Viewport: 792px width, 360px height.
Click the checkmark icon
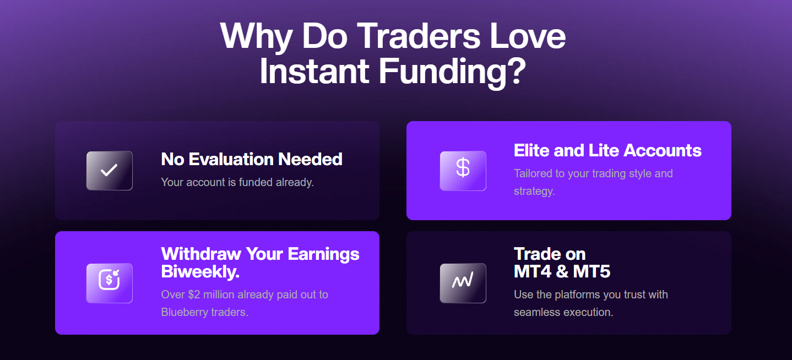click(x=109, y=171)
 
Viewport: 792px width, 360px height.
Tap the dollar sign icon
click(x=463, y=171)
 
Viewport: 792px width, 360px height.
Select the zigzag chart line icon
click(x=463, y=283)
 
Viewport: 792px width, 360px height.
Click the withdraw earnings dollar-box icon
click(x=109, y=283)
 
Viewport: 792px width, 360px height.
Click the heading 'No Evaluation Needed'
click(x=252, y=159)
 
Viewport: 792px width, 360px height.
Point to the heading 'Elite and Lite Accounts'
click(x=607, y=150)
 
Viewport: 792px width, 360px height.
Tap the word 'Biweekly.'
click(x=200, y=271)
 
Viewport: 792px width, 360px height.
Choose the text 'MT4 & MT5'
click(x=562, y=271)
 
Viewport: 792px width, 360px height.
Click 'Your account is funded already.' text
click(x=237, y=182)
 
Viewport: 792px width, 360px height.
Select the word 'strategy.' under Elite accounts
click(x=534, y=191)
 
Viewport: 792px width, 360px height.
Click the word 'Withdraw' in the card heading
click(x=201, y=254)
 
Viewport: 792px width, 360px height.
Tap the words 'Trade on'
click(x=550, y=254)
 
